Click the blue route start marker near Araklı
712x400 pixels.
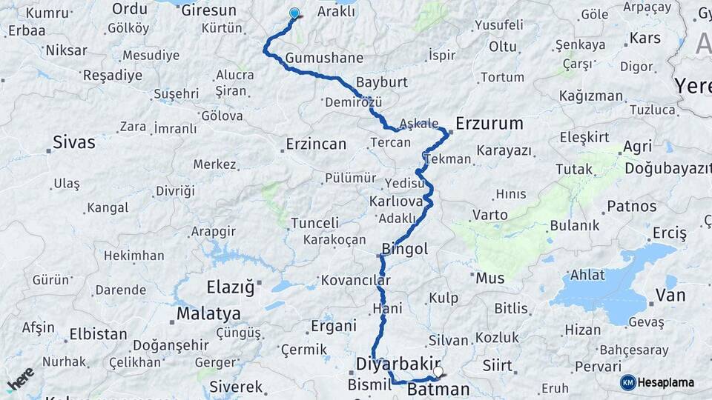[x=294, y=13]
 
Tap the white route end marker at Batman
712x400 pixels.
[x=438, y=372]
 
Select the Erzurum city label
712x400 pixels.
[x=489, y=123]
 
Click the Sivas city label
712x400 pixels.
[x=74, y=141]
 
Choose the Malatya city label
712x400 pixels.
[x=208, y=313]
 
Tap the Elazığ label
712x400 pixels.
[x=230, y=285]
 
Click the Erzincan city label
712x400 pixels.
[x=316, y=144]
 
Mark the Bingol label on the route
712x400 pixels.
[x=404, y=249]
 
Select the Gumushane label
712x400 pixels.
[x=324, y=58]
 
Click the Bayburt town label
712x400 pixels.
[x=381, y=81]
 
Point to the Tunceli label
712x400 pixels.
[x=314, y=222]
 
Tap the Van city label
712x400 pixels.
[x=670, y=296]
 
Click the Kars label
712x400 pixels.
[x=645, y=38]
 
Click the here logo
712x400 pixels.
[x=20, y=379]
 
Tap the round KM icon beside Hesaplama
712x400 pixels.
[x=627, y=382]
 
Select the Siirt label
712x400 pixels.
[x=497, y=364]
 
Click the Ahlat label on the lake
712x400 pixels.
[x=588, y=275]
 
